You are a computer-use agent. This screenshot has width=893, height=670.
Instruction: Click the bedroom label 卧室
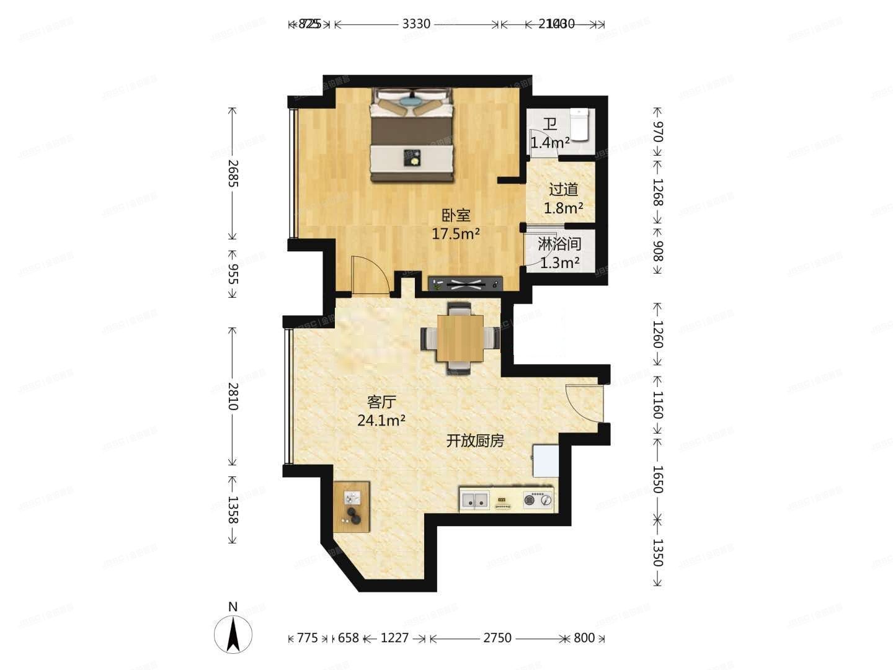(x=456, y=215)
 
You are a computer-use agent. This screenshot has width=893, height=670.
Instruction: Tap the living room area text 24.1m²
(x=381, y=421)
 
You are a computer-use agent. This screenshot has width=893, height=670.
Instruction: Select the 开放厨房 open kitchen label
(x=475, y=441)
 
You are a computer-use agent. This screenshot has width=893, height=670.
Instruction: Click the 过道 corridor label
(x=563, y=189)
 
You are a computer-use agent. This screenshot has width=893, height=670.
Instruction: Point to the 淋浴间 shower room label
(x=559, y=244)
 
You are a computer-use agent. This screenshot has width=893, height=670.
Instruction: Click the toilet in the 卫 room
(x=579, y=124)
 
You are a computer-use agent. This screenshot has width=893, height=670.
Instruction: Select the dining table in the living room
(x=460, y=338)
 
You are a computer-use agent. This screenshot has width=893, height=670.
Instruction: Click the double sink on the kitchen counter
(x=475, y=499)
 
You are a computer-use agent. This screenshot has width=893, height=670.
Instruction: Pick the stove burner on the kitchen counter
(x=538, y=499)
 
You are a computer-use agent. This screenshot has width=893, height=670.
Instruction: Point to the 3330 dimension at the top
(x=416, y=24)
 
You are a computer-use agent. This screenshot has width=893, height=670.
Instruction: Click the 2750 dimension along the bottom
(x=497, y=638)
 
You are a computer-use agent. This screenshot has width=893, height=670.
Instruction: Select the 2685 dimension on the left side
(x=233, y=173)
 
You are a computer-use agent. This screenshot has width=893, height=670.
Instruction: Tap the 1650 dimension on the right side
(x=657, y=480)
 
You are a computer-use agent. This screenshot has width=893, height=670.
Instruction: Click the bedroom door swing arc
(x=370, y=274)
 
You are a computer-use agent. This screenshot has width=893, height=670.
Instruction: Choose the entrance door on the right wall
(x=584, y=403)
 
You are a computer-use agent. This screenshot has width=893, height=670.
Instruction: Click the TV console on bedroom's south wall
(x=466, y=284)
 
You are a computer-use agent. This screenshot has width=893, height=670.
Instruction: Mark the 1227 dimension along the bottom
(x=395, y=638)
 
